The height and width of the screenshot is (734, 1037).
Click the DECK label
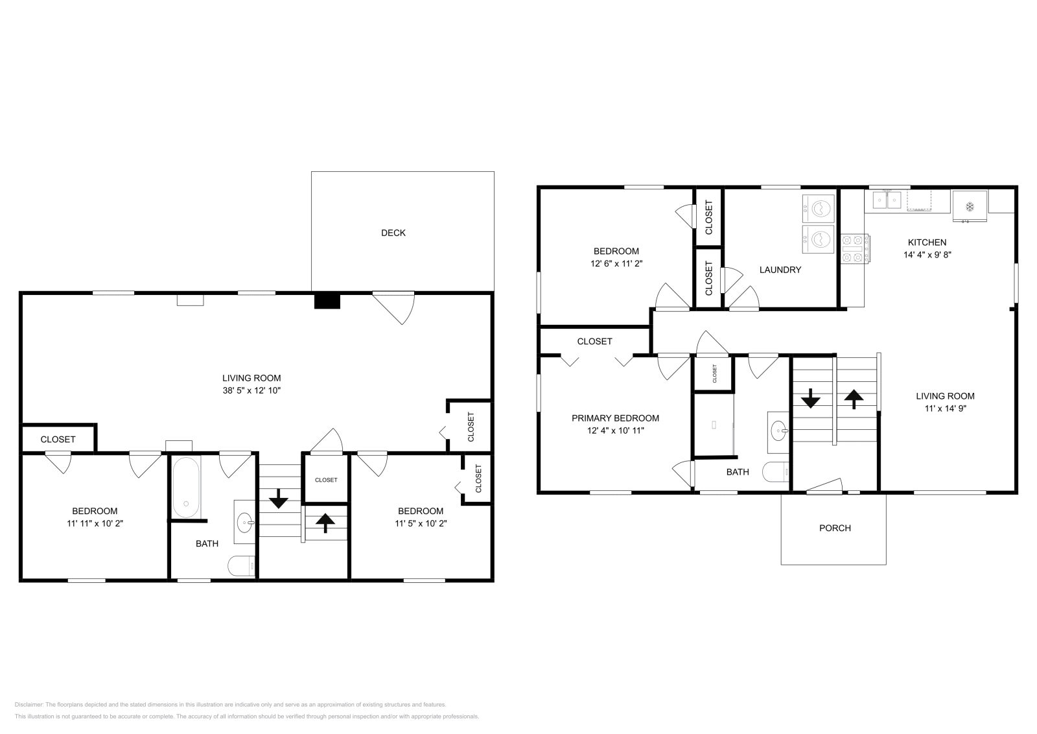click(x=393, y=233)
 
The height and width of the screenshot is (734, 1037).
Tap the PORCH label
click(x=834, y=528)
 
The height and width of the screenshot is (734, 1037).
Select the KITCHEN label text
click(x=927, y=243)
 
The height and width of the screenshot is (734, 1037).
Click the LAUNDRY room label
click(x=780, y=270)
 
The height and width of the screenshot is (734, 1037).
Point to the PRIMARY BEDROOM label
click(x=615, y=418)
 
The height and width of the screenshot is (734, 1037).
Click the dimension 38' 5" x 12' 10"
click(x=251, y=390)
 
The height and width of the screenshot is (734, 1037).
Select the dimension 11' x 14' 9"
click(x=945, y=408)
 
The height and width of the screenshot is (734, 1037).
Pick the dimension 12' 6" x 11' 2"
click(x=616, y=263)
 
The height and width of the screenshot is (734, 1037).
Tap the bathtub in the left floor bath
click(x=186, y=487)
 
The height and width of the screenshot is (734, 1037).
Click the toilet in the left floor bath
click(x=241, y=566)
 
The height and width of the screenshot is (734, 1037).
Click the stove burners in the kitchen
click(x=855, y=250)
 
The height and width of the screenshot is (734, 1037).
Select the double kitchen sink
click(x=887, y=200)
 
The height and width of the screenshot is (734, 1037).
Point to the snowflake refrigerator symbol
click(x=970, y=207)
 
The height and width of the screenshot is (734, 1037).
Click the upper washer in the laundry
click(x=818, y=208)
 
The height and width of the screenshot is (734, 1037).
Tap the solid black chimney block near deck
click(x=327, y=301)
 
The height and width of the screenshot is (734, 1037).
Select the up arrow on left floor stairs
click(x=325, y=523)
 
